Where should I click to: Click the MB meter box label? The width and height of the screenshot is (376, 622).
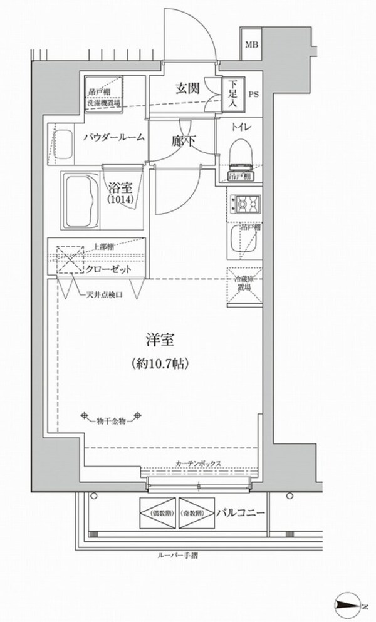251,44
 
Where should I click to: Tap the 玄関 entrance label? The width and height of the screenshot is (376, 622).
187,88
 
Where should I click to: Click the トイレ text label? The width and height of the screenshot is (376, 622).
242,127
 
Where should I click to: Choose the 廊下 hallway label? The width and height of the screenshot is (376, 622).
183,142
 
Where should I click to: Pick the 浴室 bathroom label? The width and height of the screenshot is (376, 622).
118,186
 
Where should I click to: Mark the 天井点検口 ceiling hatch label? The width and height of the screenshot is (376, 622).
105,294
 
